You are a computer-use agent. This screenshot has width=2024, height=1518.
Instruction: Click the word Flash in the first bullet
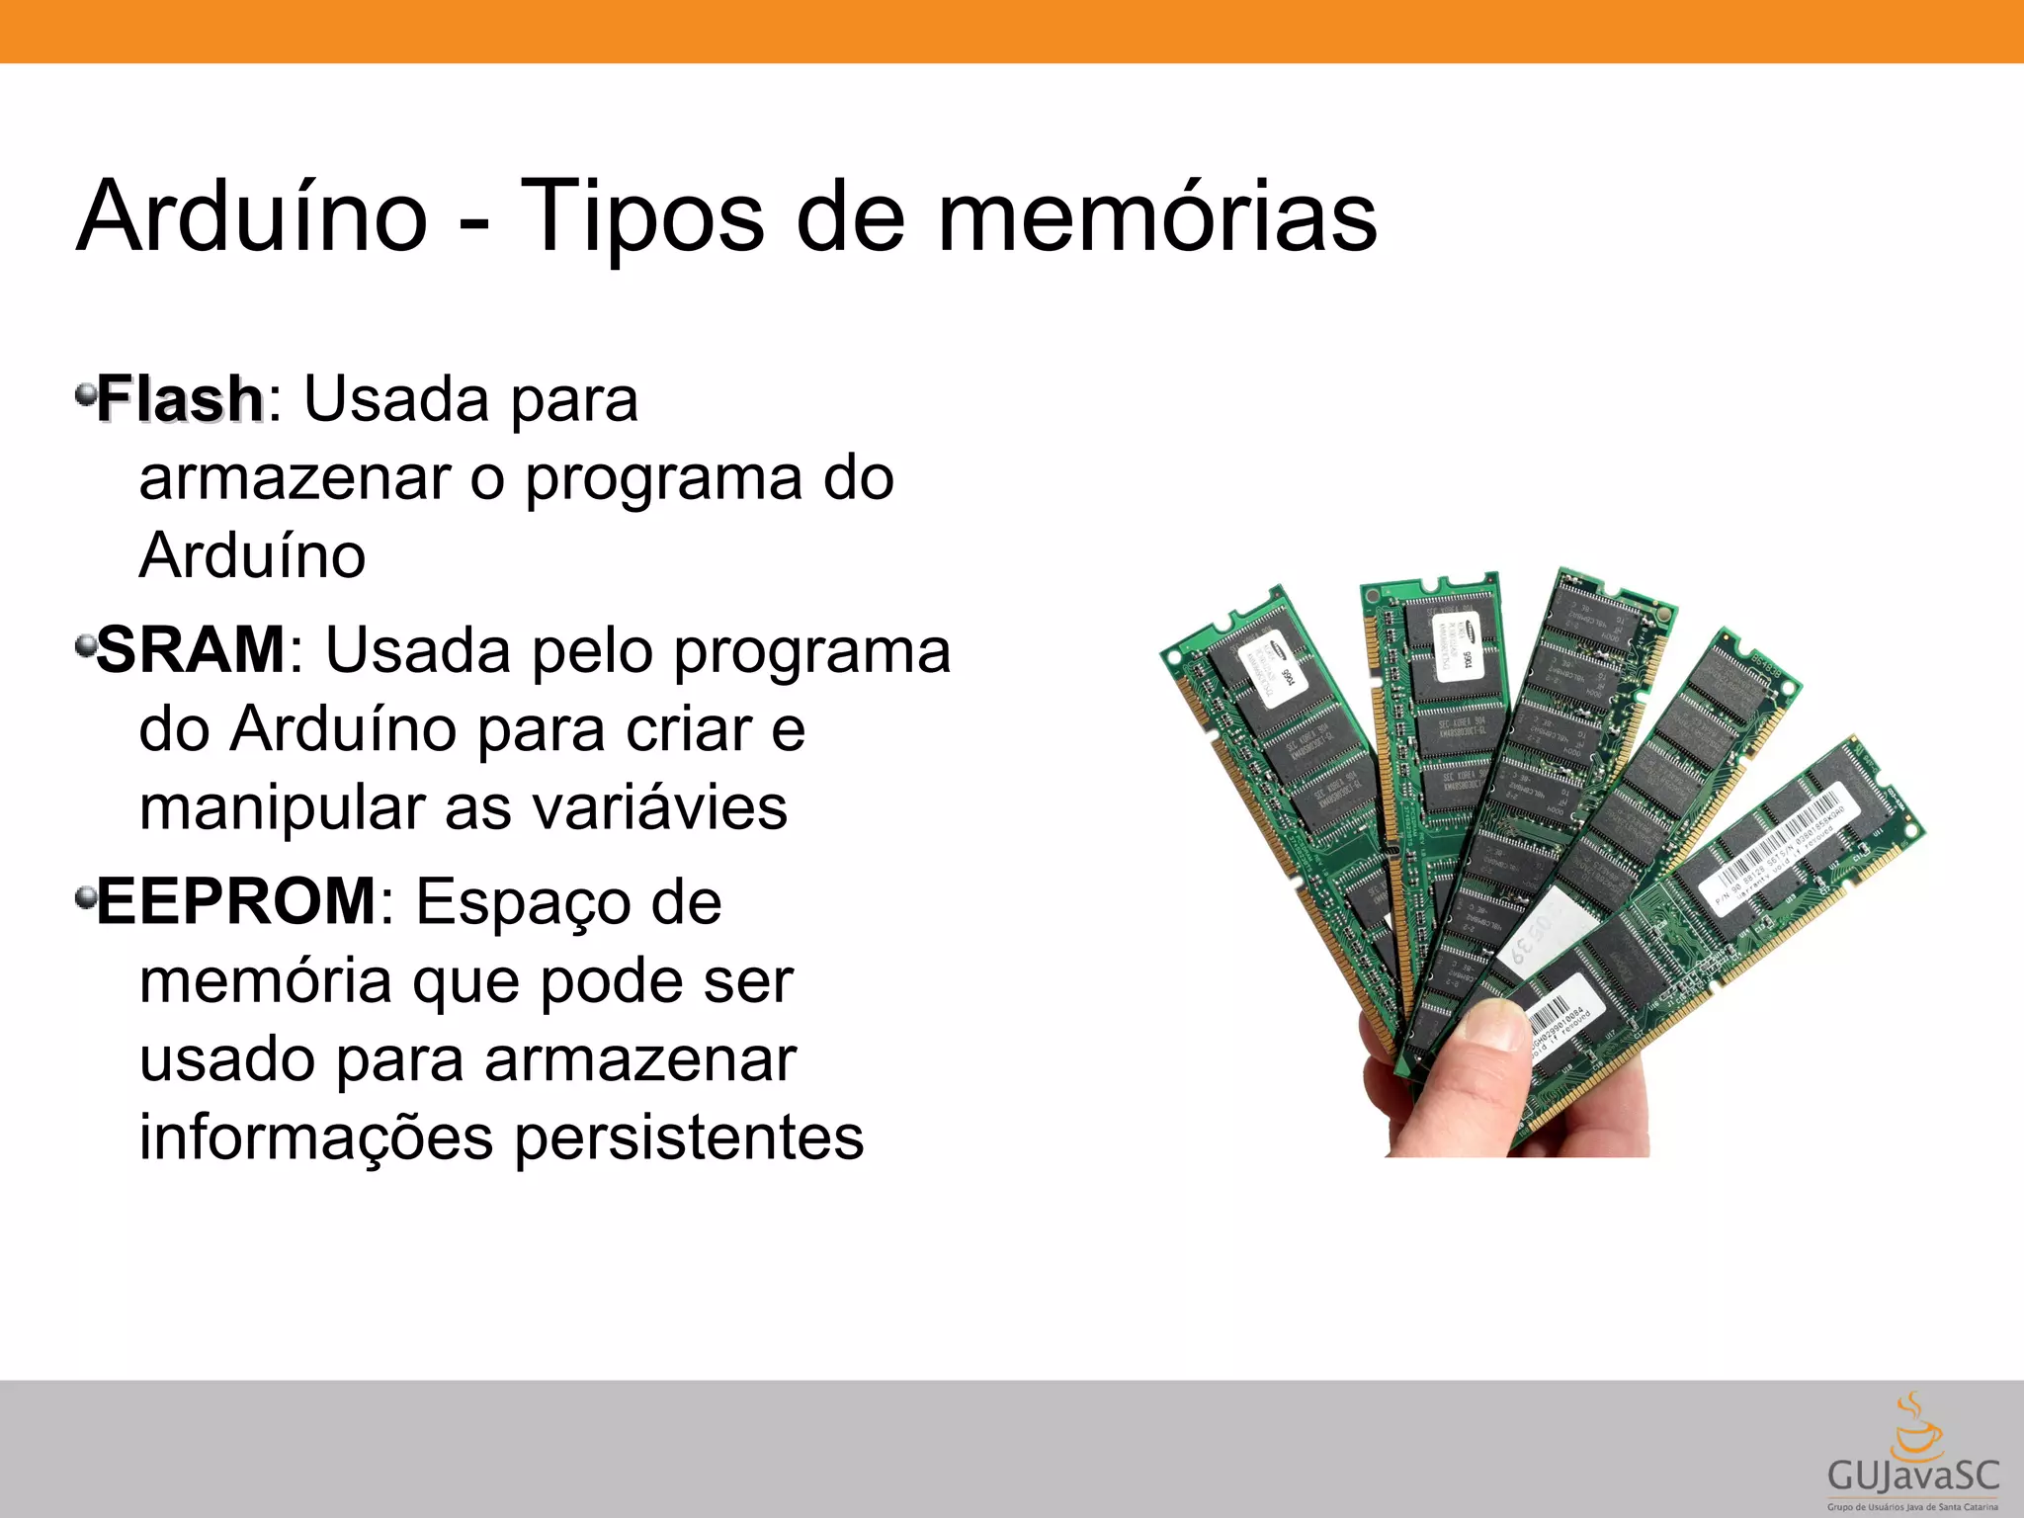(x=180, y=399)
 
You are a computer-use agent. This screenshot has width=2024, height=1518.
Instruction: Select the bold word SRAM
(x=191, y=650)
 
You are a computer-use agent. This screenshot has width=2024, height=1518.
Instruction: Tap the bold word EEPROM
(x=236, y=901)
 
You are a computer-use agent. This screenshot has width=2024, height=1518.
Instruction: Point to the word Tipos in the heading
(x=641, y=217)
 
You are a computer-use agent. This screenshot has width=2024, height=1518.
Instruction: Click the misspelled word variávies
(x=660, y=807)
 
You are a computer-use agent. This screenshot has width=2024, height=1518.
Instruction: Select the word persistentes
(x=689, y=1137)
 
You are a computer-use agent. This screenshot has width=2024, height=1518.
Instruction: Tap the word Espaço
(x=568, y=903)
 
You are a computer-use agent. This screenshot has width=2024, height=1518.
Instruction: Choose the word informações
(x=315, y=1137)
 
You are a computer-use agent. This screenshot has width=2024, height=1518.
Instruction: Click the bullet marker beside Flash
(x=85, y=394)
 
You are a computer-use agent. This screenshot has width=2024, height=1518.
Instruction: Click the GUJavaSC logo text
(x=1913, y=1476)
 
